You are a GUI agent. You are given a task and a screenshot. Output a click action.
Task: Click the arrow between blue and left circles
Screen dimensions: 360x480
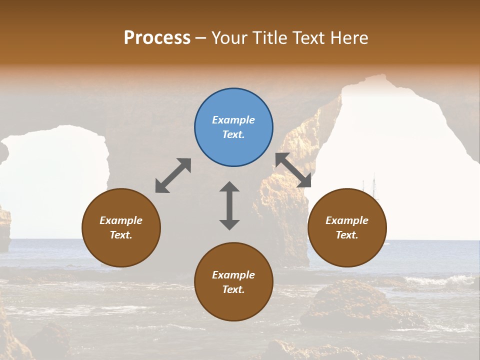(x=173, y=175)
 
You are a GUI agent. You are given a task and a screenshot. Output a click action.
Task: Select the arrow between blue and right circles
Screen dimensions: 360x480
(x=293, y=170)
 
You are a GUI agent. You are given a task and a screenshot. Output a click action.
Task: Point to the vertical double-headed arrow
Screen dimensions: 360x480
(x=229, y=205)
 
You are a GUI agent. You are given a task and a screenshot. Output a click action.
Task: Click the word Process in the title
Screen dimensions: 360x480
(x=157, y=37)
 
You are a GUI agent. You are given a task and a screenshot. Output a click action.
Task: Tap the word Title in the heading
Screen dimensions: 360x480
(x=269, y=37)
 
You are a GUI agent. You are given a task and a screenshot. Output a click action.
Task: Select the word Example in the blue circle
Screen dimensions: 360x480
(x=233, y=120)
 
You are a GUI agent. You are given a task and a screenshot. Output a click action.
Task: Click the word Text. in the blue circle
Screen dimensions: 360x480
(x=233, y=134)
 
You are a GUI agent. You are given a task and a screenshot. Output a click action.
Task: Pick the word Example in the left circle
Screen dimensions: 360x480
(x=121, y=220)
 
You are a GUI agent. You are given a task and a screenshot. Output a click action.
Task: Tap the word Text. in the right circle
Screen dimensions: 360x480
(x=347, y=235)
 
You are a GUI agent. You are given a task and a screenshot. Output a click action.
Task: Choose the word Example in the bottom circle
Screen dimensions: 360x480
(x=233, y=275)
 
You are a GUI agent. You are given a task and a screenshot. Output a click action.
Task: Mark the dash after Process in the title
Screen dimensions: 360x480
(x=201, y=38)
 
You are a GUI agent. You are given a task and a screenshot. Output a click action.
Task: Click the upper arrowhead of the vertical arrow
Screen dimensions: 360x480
(x=229, y=187)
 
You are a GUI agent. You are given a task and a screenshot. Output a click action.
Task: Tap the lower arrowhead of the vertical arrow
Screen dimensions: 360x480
(x=229, y=224)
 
